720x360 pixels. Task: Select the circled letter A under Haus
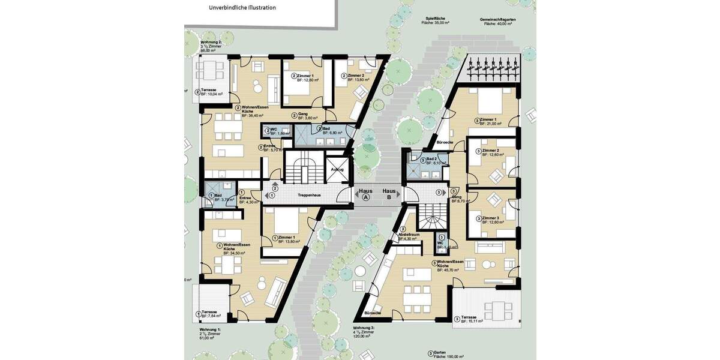[365, 197]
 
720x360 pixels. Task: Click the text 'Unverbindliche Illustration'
[242, 8]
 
